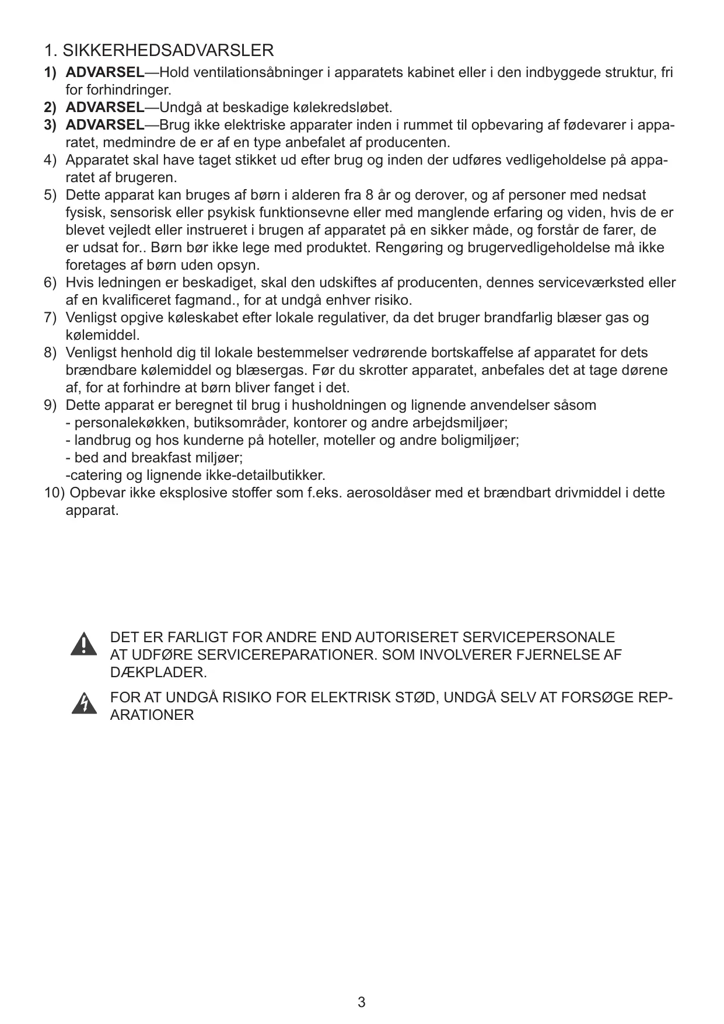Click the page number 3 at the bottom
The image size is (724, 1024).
362,1002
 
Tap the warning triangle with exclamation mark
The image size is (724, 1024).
84,643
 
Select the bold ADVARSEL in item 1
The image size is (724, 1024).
105,72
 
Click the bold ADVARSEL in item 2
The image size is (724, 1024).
105,107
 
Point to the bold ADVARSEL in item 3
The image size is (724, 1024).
105,125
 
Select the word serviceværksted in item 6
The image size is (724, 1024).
589,283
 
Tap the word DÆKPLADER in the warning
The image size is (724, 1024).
158,672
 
